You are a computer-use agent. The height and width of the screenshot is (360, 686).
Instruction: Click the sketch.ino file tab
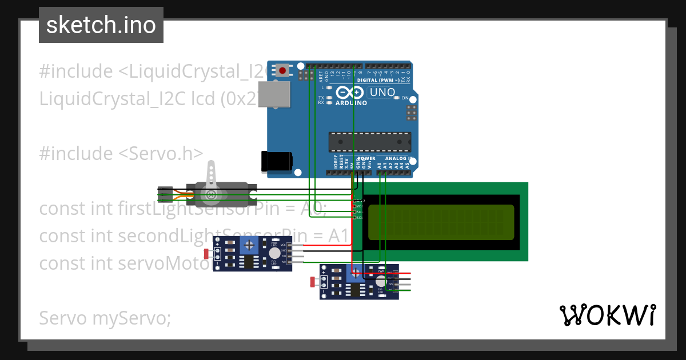(101, 25)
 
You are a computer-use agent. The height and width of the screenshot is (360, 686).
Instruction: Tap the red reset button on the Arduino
(282, 70)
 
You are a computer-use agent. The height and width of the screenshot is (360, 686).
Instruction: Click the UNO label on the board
(382, 92)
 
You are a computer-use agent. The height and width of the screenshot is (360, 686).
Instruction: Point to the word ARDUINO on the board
(352, 103)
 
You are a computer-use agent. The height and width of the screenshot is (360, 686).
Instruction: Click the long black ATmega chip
(369, 141)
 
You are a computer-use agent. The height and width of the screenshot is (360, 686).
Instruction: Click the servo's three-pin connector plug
(165, 194)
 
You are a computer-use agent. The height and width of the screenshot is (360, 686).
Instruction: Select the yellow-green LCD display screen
(441, 222)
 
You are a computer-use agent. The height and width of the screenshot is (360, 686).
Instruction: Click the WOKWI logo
(607, 315)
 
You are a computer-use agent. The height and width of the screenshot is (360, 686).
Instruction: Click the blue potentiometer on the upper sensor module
(249, 246)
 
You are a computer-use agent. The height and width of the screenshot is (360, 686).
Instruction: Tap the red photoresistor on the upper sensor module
(206, 252)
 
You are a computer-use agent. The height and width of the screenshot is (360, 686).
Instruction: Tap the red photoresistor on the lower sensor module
(313, 281)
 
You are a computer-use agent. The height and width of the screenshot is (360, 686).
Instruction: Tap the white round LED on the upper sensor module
(274, 253)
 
